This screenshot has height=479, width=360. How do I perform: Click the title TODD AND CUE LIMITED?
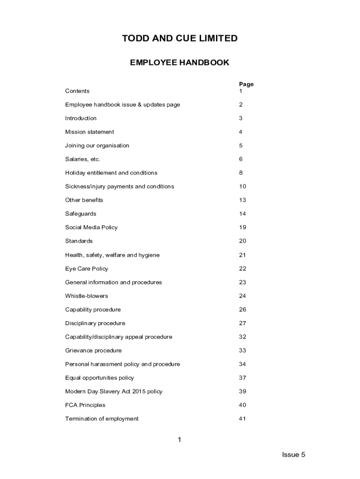180,39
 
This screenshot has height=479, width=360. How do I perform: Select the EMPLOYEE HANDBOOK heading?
180,63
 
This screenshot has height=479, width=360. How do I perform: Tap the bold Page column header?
246,84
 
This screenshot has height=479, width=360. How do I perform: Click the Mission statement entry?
89,132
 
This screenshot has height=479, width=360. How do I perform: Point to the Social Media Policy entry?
91,227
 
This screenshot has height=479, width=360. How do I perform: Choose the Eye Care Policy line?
86,269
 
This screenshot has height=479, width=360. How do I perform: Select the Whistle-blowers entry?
86,296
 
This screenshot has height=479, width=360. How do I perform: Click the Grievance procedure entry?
93,350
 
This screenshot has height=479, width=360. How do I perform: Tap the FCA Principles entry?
85,405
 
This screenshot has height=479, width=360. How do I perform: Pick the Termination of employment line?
101,419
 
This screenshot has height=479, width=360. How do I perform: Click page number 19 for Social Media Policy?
242,227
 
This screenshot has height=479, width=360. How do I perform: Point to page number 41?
242,419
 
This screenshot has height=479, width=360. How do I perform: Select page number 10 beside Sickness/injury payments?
242,186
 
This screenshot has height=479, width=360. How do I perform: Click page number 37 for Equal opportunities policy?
242,377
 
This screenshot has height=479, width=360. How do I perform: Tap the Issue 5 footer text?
293,455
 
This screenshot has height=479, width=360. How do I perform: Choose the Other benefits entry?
84,200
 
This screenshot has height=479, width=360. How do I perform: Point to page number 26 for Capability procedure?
242,309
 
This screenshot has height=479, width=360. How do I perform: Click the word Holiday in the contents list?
75,173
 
